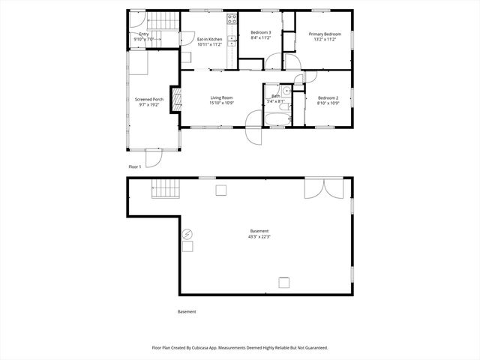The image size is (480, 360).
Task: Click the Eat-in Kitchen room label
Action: point(209,39)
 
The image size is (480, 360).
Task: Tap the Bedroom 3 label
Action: point(260,33)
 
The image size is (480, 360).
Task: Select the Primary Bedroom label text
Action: point(325,34)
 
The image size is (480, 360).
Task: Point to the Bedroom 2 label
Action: point(328,98)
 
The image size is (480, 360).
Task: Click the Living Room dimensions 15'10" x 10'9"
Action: point(221,103)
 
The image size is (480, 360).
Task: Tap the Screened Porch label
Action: point(148,99)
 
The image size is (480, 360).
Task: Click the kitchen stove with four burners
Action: point(232,19)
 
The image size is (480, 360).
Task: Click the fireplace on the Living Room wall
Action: point(177,99)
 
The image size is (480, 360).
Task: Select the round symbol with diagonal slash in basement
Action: point(187,233)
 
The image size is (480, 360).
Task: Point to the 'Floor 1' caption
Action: point(134,166)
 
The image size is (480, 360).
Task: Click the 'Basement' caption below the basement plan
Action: point(187,311)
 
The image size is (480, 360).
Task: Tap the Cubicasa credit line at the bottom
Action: point(240,348)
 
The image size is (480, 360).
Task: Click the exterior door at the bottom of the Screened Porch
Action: point(153,157)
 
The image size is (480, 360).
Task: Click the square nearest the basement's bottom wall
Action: point(284,282)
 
